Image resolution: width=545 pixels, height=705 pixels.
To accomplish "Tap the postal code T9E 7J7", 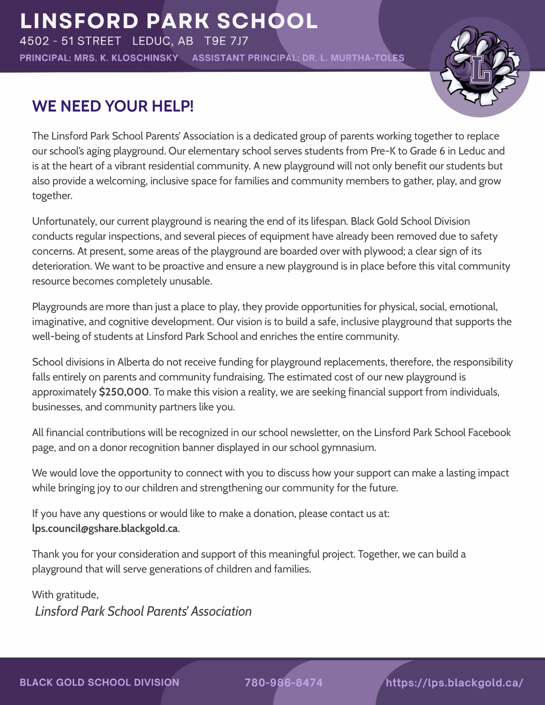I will pyautogui.click(x=226, y=41).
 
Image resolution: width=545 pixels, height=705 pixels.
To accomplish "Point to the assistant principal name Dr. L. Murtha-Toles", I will pyautogui.click(x=353, y=58).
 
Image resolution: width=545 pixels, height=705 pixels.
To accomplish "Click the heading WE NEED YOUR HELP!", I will pyautogui.click(x=113, y=106).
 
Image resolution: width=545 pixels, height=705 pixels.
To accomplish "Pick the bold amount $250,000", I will pyautogui.click(x=124, y=392).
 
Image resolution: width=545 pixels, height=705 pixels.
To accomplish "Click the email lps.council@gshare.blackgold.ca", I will pyautogui.click(x=105, y=528).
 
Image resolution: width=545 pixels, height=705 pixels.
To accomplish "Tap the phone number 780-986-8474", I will pyautogui.click(x=284, y=682).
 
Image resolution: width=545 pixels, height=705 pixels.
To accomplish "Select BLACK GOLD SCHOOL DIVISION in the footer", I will pyautogui.click(x=100, y=682).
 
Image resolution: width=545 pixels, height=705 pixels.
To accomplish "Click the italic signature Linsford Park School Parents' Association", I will pyautogui.click(x=143, y=611).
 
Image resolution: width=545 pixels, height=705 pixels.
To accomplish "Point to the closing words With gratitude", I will pyautogui.click(x=65, y=594).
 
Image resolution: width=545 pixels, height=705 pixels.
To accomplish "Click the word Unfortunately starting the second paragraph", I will pyautogui.click(x=64, y=221).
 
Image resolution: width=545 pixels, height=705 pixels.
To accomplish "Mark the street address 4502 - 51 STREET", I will pyautogui.click(x=71, y=41).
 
